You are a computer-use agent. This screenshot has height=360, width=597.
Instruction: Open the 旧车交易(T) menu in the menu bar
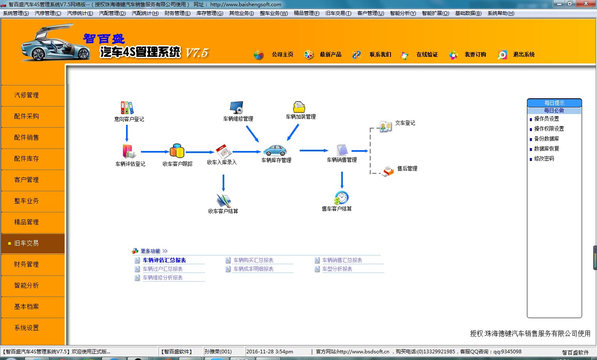point(338,13)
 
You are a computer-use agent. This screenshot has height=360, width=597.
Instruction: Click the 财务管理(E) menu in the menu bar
point(177,13)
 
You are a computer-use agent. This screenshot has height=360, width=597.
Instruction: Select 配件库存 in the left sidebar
point(27,159)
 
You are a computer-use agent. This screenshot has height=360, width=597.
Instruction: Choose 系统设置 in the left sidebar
point(27,328)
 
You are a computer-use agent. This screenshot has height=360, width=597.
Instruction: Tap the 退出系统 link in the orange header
point(524,54)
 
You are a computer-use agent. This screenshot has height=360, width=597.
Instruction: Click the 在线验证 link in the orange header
point(427,54)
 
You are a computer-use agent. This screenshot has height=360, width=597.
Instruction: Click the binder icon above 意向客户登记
point(127,108)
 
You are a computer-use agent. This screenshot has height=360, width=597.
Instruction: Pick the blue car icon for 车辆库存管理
point(275,151)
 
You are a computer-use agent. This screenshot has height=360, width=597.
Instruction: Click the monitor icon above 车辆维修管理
point(237,108)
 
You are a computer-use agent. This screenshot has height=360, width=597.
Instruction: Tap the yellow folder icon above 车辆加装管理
point(299,107)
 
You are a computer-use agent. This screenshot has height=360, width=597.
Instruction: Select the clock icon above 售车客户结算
point(341,198)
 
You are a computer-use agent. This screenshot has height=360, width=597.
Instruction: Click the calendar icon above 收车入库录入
point(223,151)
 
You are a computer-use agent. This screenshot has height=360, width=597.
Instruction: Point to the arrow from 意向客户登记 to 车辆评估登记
point(127,133)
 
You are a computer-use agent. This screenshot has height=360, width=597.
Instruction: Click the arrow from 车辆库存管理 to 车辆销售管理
point(314,151)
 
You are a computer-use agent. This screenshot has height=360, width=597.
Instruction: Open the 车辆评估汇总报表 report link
point(164,260)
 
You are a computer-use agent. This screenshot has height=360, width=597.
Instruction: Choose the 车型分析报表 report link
point(337,269)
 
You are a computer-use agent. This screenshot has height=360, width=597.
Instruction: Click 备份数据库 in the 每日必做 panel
point(546,139)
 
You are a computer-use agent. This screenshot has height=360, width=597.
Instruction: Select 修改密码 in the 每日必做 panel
point(544,159)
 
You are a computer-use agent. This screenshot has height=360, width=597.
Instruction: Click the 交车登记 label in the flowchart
point(405,123)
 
